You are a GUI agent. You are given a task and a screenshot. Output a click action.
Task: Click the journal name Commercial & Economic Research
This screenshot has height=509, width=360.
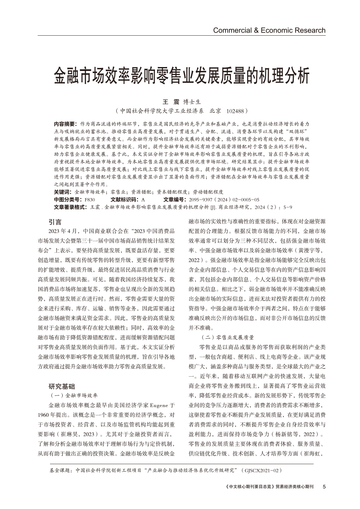click(269, 30)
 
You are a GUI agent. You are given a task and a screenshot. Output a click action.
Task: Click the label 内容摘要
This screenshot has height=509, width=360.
click(64, 124)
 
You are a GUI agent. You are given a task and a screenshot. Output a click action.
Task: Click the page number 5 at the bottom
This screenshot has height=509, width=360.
click(324, 486)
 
